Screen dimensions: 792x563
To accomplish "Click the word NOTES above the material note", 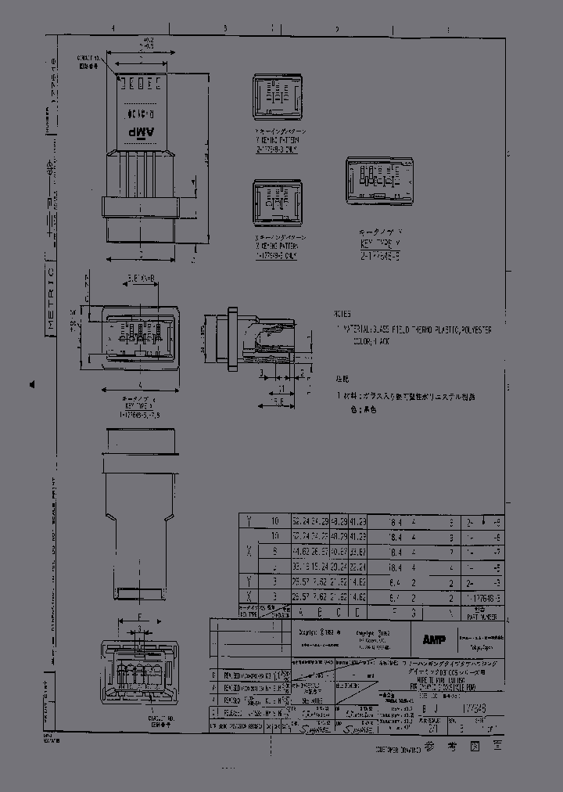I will (x=342, y=312).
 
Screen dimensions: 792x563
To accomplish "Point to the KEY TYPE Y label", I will (x=381, y=243).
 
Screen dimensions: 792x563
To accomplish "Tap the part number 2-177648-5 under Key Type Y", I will (x=381, y=252).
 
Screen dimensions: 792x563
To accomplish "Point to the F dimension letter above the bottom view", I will (x=139, y=618).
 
